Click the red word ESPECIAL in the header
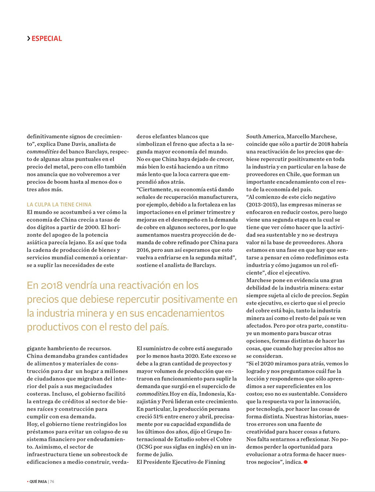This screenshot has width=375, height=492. point(47,39)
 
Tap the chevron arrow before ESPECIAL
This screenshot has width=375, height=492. point(28,39)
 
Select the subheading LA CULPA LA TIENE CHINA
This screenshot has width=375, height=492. point(59,205)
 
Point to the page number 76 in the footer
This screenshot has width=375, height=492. point(52,482)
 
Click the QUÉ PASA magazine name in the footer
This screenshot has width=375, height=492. point(38,482)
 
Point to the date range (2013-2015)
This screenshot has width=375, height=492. point(264,205)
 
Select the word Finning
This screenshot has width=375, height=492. point(215,462)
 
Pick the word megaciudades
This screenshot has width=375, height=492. point(92,387)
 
